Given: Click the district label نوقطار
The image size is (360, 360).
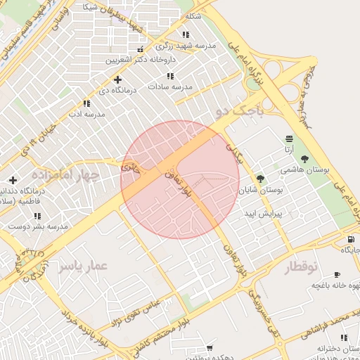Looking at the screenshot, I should click(301, 267).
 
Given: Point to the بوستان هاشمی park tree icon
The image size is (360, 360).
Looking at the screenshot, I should click(304, 159).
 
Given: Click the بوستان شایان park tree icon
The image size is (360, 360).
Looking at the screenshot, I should click(260, 179).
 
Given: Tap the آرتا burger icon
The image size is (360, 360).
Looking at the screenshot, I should click(289, 139).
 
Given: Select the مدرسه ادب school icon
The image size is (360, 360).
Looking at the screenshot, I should click(86, 103).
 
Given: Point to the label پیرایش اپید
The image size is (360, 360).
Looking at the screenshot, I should click(262, 211).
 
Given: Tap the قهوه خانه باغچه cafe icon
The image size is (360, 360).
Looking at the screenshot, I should click(336, 274).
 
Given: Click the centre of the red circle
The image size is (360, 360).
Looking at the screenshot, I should click(180, 179).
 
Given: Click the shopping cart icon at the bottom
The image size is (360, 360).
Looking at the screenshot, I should click(209, 348).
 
